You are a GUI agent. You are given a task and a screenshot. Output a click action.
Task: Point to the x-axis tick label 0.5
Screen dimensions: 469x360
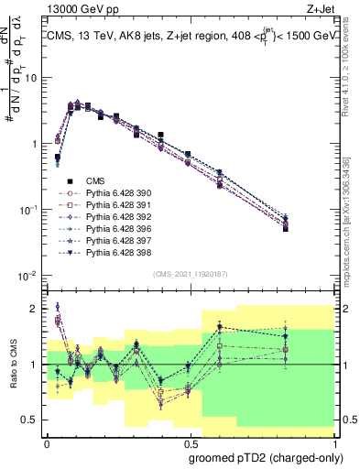click(189, 442)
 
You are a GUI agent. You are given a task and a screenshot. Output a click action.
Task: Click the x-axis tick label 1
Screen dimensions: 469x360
click(333, 442)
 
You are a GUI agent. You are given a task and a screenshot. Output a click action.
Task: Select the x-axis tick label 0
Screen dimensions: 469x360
click(46, 442)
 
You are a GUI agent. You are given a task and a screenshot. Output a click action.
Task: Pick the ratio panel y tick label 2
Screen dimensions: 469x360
click(34, 309)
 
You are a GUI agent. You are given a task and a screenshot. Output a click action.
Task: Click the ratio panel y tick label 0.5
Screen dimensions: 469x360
click(30, 420)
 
